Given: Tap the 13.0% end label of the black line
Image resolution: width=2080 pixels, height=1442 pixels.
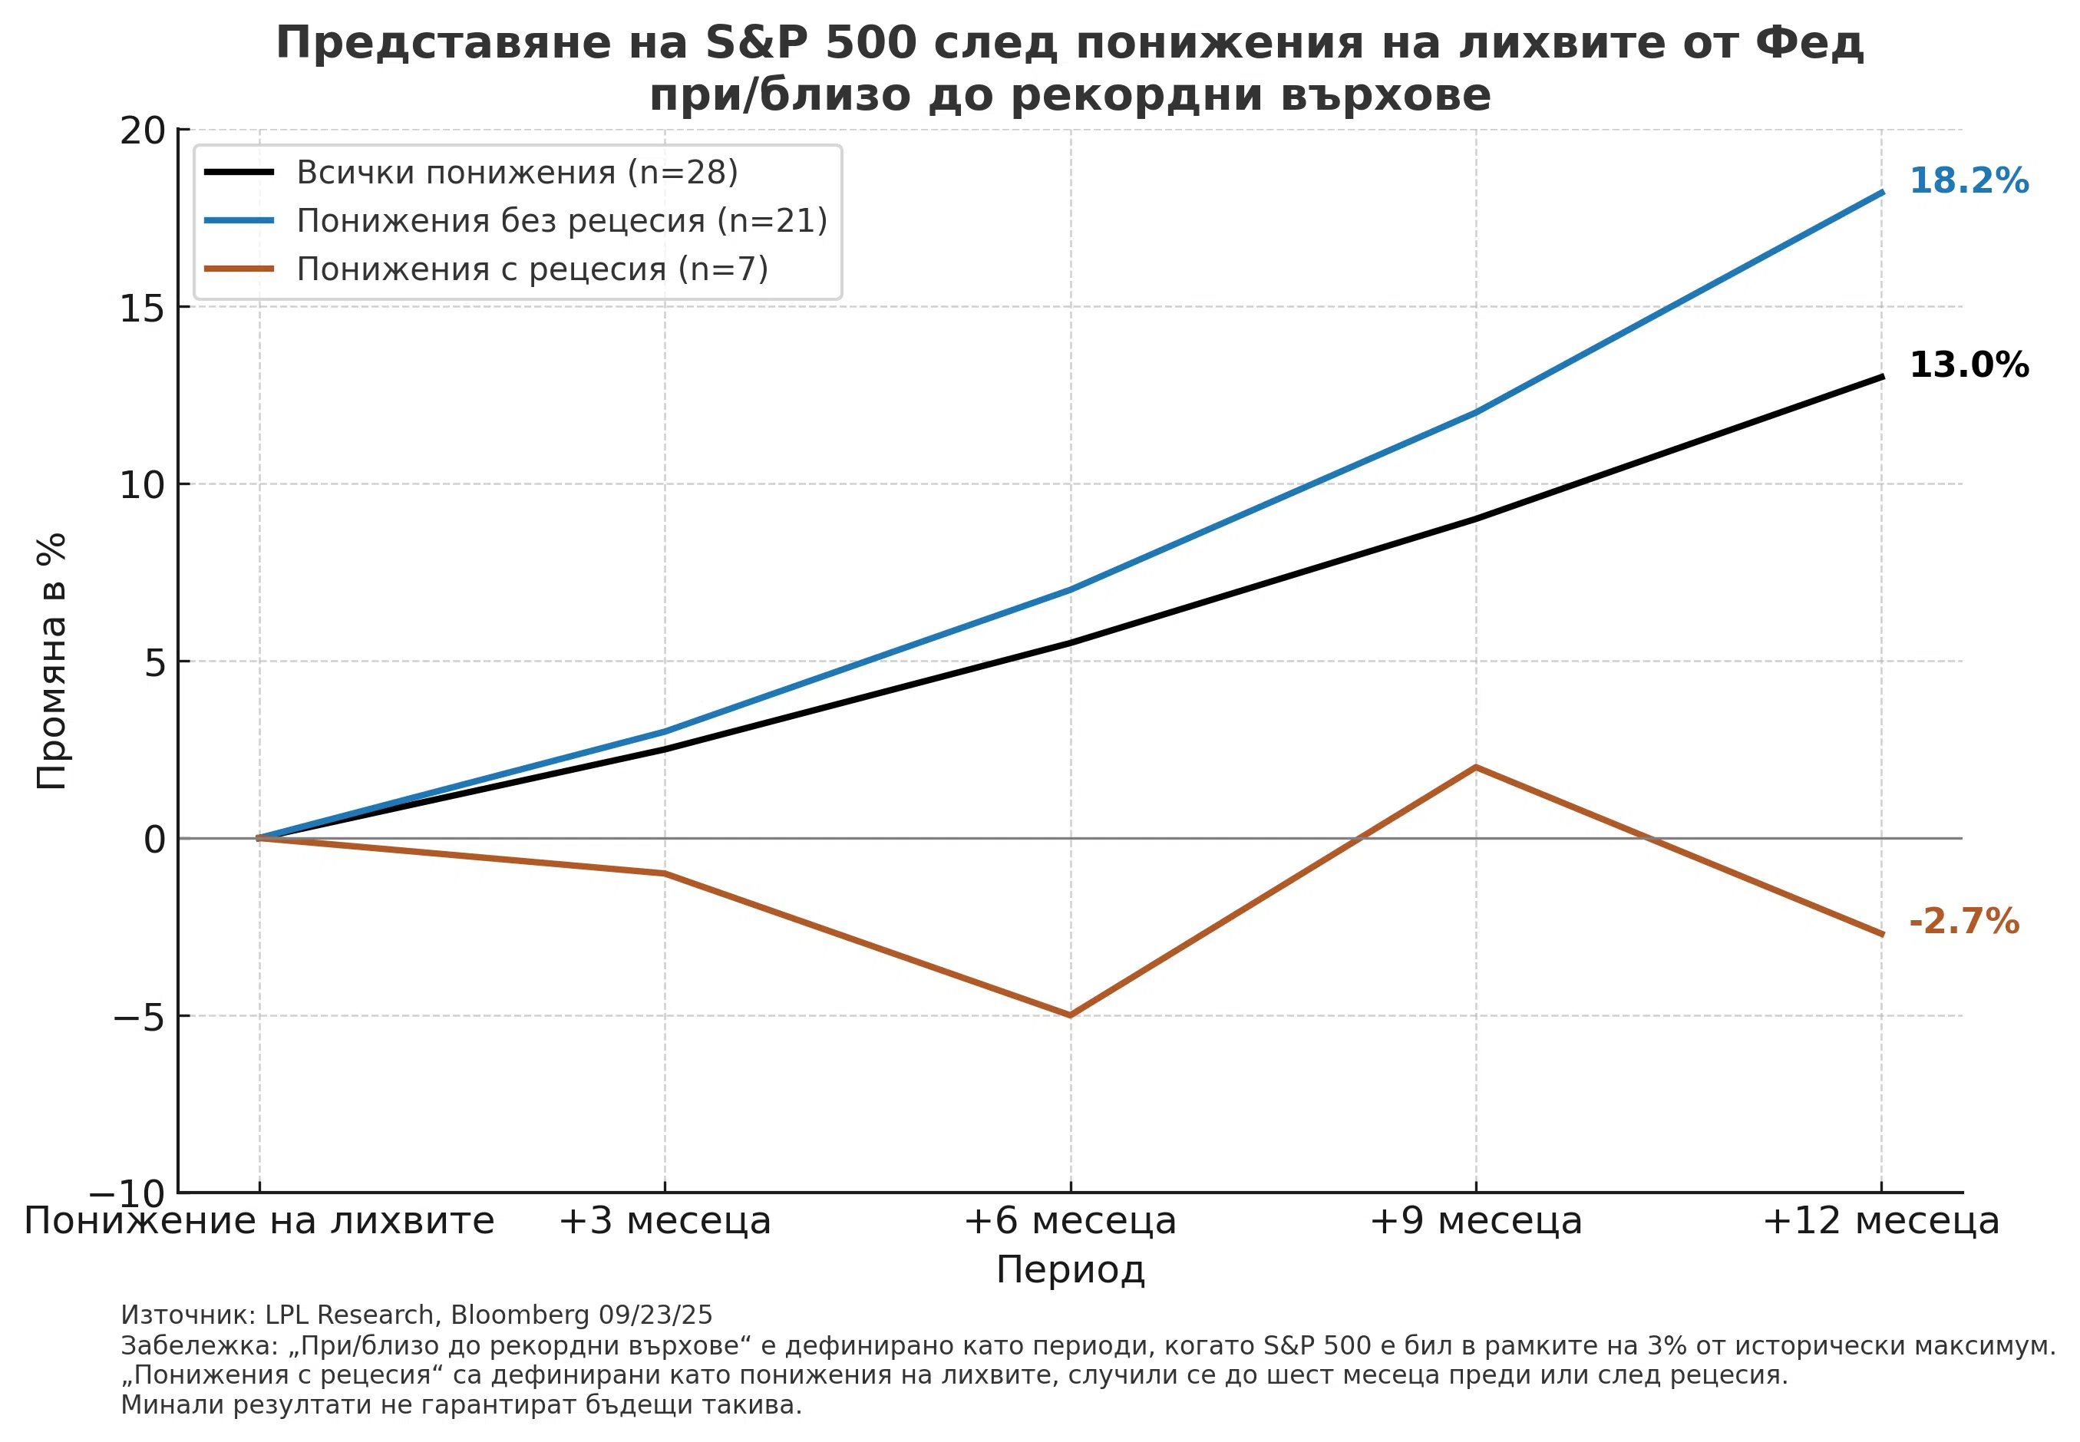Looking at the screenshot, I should coord(1968,365).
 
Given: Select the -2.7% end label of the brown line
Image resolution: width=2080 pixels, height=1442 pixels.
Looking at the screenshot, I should coord(1963,921).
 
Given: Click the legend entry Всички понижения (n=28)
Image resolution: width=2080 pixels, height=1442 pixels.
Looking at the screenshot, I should coord(517,172).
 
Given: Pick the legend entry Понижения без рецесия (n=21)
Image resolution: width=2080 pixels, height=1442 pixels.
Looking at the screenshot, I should coord(561,220).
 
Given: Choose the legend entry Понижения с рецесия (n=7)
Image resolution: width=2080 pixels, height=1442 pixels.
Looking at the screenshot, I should coord(532,269).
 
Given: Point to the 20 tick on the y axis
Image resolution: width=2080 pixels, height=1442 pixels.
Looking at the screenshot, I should coord(143,130).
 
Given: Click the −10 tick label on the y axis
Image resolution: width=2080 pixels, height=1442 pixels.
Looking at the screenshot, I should coord(139,1193).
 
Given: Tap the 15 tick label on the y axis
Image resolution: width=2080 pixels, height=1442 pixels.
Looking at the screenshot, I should coord(143,308).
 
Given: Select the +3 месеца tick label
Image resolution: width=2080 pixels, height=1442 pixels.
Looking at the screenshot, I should coord(664,1221).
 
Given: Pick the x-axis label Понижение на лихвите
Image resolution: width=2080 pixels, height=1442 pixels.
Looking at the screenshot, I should coord(259,1221).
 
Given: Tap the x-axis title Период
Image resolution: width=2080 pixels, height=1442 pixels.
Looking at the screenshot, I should coord(1070,1269).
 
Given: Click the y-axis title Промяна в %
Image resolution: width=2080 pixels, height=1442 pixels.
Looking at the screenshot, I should coord(51,661).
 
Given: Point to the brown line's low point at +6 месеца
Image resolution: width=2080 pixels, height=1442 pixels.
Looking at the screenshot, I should coord(1071,1015).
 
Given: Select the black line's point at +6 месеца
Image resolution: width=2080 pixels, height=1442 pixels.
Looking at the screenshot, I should coord(1071,643).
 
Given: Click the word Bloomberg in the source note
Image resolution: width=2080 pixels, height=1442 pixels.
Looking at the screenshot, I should coord(520,1315).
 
